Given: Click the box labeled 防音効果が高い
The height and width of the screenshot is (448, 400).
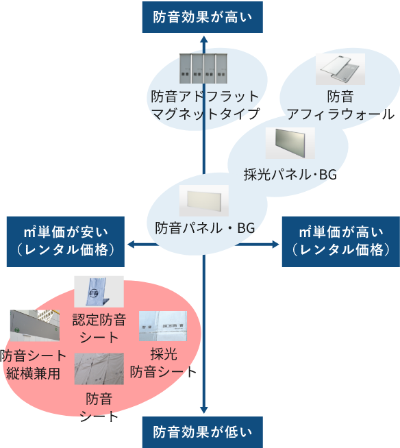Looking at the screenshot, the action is click(203, 17).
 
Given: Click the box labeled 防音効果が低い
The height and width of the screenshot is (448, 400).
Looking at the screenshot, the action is click(203, 432).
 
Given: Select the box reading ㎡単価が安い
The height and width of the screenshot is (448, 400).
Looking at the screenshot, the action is click(66, 242).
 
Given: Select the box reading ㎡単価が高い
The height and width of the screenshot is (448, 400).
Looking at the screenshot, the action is click(341, 242).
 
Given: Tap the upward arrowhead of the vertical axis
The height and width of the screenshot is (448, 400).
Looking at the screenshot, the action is click(203, 40).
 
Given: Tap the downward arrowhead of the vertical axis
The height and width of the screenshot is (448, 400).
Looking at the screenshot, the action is click(203, 410).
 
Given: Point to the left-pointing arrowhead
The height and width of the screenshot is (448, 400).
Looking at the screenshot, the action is click(131, 245).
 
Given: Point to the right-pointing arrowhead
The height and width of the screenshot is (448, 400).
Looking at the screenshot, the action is click(275, 245).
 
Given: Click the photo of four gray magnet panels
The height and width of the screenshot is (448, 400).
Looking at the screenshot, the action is click(203, 69).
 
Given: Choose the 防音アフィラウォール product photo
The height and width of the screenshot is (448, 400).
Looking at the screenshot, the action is click(340, 69).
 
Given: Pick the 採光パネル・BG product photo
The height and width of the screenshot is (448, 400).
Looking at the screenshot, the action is click(290, 143).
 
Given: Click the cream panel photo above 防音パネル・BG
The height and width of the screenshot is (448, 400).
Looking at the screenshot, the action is click(204, 201).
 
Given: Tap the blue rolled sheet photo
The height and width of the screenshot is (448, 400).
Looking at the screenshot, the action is click(99, 291).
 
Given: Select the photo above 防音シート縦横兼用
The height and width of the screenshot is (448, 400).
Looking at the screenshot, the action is click(35, 325).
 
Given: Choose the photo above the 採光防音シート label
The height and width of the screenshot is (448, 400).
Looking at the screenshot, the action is click(163, 326).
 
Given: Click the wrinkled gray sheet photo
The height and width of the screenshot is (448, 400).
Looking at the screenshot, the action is click(99, 369).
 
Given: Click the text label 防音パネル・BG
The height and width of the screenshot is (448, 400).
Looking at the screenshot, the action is click(205, 228).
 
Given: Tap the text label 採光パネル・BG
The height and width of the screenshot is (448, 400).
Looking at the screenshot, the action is click(290, 174).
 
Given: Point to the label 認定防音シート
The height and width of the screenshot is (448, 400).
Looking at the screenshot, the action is click(99, 329).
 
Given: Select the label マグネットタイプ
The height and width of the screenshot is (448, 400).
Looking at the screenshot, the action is click(205, 114).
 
